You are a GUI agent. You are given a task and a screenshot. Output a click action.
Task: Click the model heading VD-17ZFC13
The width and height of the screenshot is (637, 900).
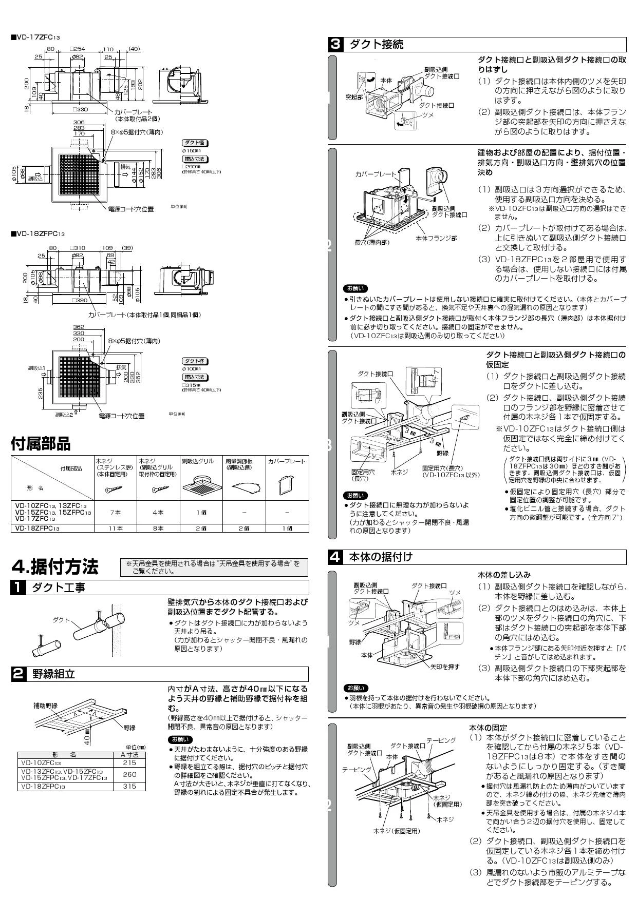37,37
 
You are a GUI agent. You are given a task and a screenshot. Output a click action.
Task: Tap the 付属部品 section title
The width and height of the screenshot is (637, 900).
41,443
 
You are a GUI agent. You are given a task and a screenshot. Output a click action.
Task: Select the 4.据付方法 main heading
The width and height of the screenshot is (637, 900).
54,568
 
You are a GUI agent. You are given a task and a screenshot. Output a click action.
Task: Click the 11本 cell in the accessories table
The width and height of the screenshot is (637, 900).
116,527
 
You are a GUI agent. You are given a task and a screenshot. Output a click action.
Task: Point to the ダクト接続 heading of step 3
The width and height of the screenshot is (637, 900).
376,44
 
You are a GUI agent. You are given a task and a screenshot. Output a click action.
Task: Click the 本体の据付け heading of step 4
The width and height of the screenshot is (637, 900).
381,557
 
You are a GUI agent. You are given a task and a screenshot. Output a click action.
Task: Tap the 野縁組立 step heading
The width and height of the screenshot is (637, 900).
53,674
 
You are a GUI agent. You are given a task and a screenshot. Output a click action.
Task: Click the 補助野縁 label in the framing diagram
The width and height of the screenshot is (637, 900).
45,706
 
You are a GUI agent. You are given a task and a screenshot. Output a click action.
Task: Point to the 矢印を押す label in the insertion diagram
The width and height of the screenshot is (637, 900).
445,667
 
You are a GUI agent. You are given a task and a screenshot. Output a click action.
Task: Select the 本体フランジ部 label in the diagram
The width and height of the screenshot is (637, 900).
436,238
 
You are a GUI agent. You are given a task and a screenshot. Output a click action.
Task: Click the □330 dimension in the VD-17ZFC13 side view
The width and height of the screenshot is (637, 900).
79,109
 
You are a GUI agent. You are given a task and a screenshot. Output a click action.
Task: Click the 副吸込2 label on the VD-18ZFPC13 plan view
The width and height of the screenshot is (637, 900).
64,415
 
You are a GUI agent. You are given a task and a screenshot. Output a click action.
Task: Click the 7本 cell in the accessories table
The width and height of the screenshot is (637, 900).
116,512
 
